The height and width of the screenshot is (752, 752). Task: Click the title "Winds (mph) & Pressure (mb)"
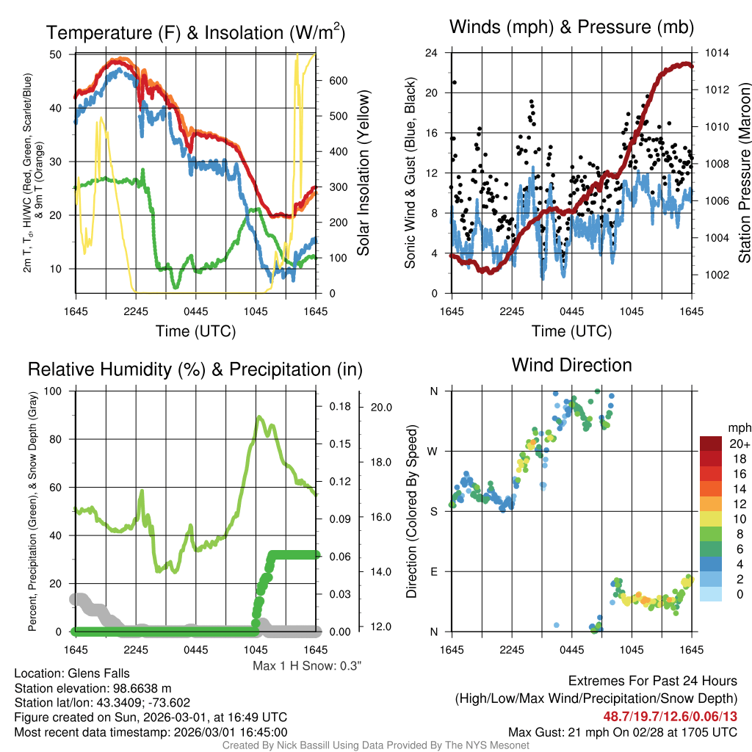(x=571, y=28)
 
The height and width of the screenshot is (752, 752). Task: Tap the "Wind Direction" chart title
(x=571, y=365)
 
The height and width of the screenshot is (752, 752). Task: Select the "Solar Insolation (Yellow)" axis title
(x=364, y=173)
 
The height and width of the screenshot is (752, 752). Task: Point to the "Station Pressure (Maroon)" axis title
(x=744, y=173)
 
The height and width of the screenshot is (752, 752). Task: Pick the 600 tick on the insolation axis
(x=337, y=81)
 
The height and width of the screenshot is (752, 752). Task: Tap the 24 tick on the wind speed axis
(x=432, y=53)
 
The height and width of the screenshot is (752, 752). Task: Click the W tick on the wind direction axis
(x=434, y=451)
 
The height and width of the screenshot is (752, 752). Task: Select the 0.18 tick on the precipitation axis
(x=339, y=406)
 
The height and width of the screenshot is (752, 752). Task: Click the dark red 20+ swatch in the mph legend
(x=712, y=444)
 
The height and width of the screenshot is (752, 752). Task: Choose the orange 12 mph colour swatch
(x=712, y=504)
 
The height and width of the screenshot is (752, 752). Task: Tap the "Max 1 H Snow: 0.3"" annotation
(x=307, y=666)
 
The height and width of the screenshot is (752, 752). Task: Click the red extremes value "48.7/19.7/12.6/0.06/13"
(x=670, y=715)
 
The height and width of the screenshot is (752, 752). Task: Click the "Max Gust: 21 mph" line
(x=623, y=732)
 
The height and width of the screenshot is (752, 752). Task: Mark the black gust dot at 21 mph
(x=455, y=82)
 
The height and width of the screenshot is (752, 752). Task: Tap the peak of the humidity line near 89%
(x=259, y=417)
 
